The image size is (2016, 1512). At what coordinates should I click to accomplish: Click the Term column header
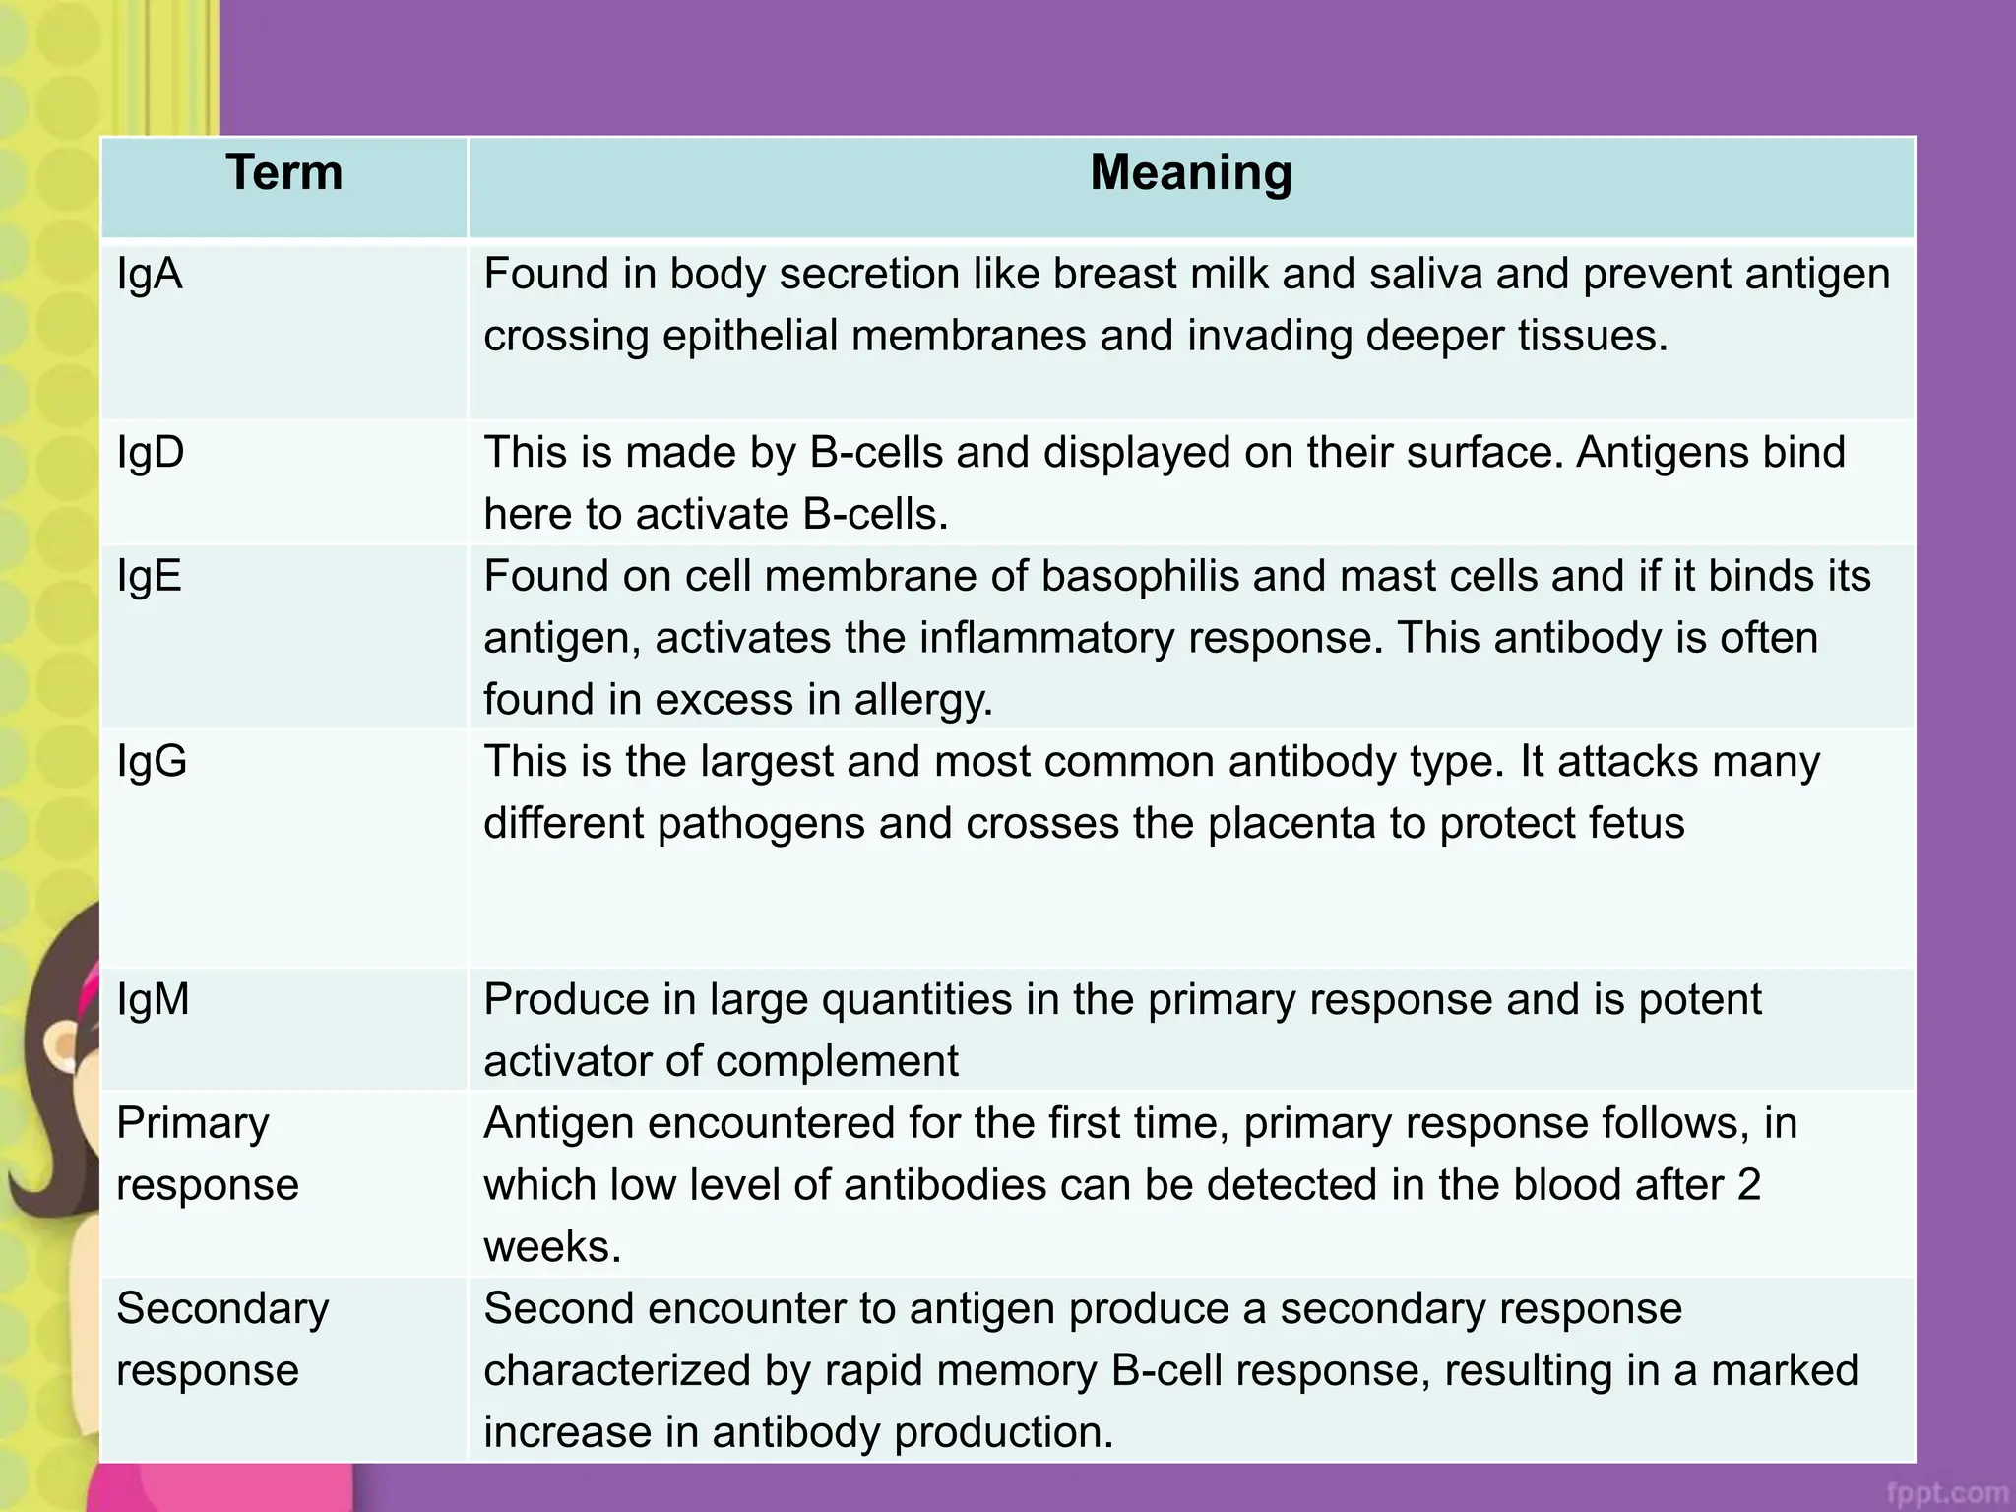[x=284, y=173]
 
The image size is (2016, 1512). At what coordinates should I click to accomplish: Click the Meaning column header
[x=1191, y=173]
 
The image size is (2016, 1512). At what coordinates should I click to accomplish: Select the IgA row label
[x=150, y=274]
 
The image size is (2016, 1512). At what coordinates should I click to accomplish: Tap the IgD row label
[x=151, y=453]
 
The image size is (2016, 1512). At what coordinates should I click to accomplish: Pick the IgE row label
[x=150, y=576]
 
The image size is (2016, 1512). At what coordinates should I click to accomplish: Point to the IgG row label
[x=152, y=761]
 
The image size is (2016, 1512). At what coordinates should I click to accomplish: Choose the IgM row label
[x=153, y=1000]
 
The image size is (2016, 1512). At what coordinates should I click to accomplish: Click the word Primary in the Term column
[x=193, y=1124]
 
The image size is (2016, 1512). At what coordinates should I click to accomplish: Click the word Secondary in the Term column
[x=222, y=1309]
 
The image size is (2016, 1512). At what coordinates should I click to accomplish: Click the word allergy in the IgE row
[x=923, y=700]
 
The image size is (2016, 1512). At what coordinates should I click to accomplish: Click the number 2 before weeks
[x=1748, y=1185]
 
